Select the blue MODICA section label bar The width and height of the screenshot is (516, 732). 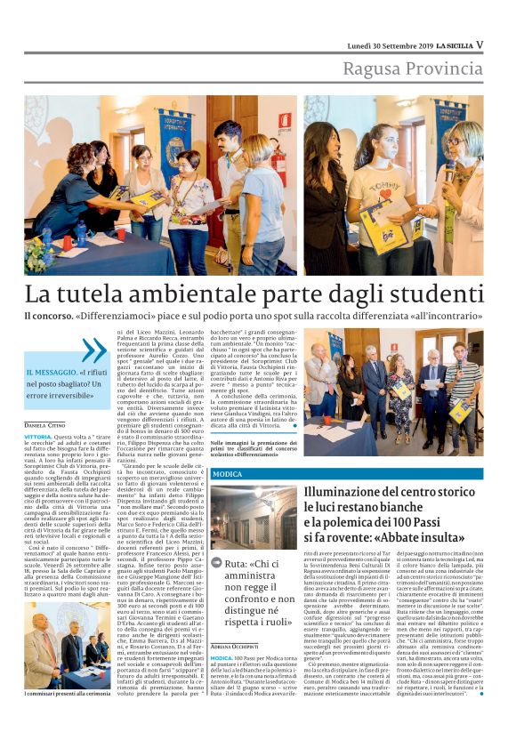click(348, 474)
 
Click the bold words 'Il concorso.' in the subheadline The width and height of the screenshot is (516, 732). click(48, 317)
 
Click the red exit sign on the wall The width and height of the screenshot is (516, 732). click(285, 120)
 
